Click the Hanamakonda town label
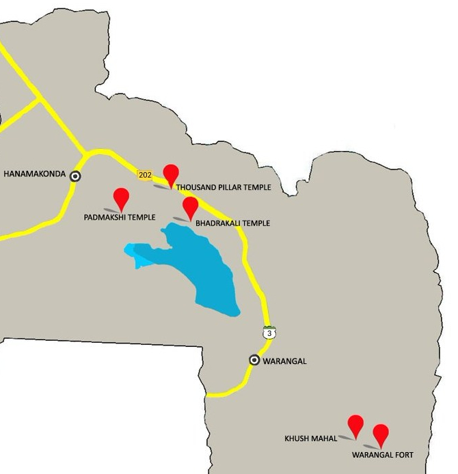point(35,174)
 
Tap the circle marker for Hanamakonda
point(75,176)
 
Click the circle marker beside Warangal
point(254,360)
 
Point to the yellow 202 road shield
point(144,175)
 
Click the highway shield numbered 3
point(269,332)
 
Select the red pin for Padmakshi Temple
point(122,197)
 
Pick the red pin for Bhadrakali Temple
point(190,206)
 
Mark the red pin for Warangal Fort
point(381,434)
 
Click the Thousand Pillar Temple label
point(224,187)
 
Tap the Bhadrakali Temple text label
point(232,223)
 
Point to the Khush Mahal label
point(311,438)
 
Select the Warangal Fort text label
point(382,454)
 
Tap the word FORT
point(403,454)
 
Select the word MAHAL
point(323,438)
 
